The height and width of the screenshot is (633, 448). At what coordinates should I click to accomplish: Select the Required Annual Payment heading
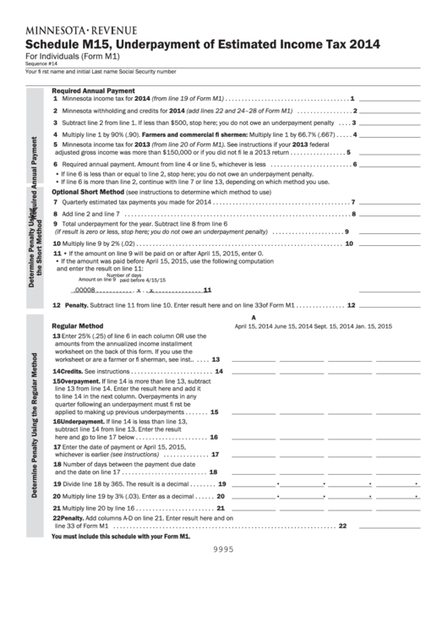point(93,90)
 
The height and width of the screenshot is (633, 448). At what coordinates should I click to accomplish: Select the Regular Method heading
point(78,325)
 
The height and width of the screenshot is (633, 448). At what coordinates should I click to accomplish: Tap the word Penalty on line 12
point(76,305)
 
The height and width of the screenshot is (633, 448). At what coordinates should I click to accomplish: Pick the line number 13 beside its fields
point(216,359)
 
